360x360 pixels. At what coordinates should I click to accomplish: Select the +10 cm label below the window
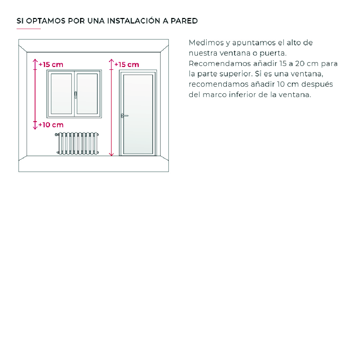(51, 125)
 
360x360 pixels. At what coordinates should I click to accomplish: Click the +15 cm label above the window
(51, 64)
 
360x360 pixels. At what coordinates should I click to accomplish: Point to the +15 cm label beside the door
(127, 64)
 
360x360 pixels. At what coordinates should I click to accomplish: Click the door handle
(124, 116)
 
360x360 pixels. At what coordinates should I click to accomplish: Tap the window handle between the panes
(75, 94)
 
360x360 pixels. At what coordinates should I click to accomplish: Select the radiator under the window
(77, 143)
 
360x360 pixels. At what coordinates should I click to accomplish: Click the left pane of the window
(61, 93)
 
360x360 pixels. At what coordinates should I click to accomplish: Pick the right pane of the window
(87, 93)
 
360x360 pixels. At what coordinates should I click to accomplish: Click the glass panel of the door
(138, 114)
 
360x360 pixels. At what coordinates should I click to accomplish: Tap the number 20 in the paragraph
(300, 64)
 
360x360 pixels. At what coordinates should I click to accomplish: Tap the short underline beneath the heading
(29, 29)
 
